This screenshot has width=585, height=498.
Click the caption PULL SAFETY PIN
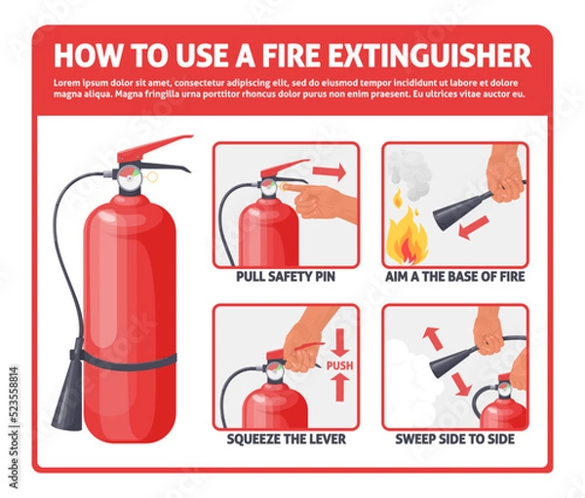click(x=287, y=277)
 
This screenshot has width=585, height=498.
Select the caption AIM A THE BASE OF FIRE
click(x=455, y=277)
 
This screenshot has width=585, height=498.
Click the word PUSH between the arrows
click(x=338, y=365)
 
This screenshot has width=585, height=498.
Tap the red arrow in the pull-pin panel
click(x=331, y=172)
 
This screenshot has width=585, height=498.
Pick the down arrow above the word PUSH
click(x=338, y=342)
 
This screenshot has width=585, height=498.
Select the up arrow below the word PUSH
click(x=338, y=388)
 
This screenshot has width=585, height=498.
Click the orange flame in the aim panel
click(x=405, y=239)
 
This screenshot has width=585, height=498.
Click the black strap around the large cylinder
click(x=127, y=359)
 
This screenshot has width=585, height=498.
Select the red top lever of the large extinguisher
click(x=156, y=147)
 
